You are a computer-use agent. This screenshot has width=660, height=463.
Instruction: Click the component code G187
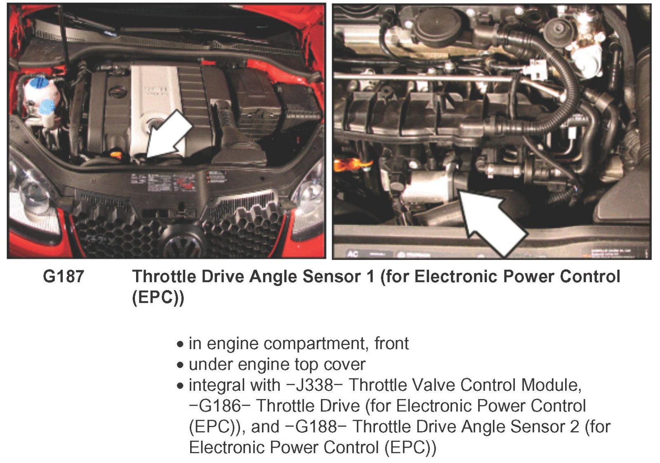point(64,276)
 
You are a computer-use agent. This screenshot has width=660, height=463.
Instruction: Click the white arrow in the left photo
point(168,136)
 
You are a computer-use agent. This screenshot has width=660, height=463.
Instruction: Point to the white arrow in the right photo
point(492,222)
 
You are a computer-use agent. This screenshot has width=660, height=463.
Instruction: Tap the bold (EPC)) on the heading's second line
point(158,298)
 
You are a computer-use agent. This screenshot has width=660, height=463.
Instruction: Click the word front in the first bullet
point(391,344)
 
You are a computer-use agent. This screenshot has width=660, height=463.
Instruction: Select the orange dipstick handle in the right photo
point(351,165)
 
